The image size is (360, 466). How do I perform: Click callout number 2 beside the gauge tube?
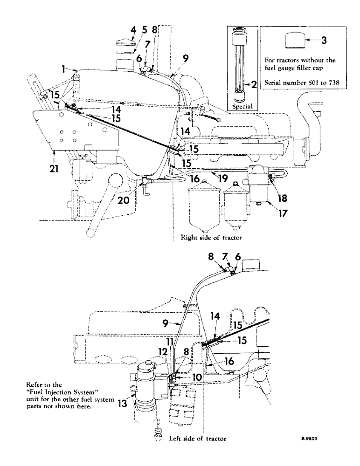coord(255,84)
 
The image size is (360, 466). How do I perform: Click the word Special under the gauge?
coord(242,106)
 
